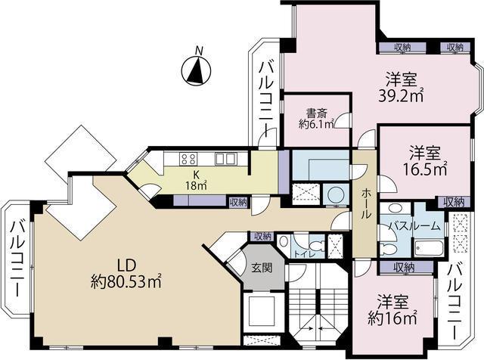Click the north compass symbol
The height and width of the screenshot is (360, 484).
click(196, 70)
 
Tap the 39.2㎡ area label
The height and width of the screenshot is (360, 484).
click(401, 96)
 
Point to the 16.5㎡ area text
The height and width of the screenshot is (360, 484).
click(425, 169)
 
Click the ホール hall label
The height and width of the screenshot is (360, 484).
click(365, 204)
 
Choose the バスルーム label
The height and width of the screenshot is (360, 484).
click(414, 226)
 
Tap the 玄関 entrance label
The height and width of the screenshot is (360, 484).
click(262, 268)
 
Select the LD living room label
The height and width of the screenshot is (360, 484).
click(126, 265)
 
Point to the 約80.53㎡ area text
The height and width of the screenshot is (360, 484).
click(126, 281)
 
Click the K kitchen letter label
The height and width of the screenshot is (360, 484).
click(196, 175)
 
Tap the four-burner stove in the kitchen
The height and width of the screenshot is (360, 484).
click(188, 159)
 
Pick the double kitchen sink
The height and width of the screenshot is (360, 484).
click(225, 159)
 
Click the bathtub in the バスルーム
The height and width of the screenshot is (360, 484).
click(429, 248)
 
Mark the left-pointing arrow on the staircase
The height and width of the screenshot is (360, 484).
click(324, 328)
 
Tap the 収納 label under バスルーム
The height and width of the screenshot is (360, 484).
click(405, 268)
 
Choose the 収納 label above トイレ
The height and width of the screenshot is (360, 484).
click(262, 237)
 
